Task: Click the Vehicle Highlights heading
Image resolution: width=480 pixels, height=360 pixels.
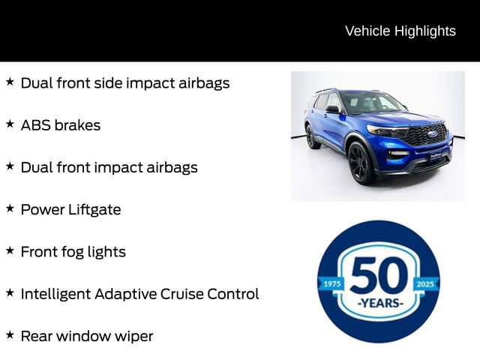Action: pos(400,31)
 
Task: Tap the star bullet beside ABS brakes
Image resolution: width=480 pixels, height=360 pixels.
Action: pos(10,124)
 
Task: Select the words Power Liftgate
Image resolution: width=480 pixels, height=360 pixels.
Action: pos(70,209)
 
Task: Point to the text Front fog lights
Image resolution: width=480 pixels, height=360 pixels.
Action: pos(73,252)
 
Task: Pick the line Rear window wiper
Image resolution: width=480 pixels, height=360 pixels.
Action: pos(86,336)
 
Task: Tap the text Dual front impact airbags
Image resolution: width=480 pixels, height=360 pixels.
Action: pos(109,167)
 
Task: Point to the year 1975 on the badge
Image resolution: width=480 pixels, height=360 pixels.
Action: pos(331,284)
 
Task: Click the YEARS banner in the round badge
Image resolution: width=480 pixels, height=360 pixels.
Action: pos(379,304)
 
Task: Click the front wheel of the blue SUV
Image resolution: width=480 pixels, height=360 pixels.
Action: pos(361,163)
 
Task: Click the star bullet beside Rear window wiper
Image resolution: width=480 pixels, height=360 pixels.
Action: pos(10,335)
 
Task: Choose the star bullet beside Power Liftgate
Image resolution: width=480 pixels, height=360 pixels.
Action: pos(10,208)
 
